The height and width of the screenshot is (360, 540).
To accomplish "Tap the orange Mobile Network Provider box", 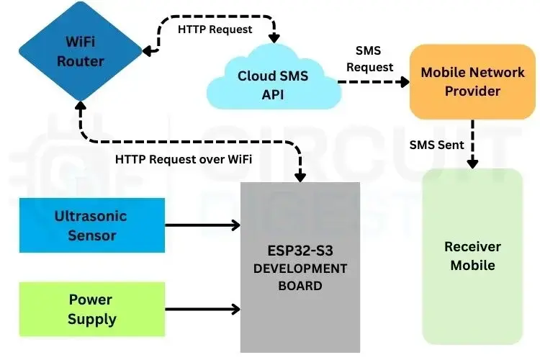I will (472, 81).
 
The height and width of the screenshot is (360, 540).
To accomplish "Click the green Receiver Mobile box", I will (472, 256).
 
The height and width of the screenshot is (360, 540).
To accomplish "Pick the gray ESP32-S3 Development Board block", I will (300, 266).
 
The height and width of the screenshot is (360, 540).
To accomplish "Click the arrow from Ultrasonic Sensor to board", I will (202, 225).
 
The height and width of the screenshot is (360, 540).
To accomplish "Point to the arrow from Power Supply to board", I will (202, 309).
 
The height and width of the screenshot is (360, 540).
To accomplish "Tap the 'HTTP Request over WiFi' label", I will (184, 159).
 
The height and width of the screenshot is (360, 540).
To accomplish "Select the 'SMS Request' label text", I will (370, 59).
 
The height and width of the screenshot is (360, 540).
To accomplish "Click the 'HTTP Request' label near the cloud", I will (215, 29).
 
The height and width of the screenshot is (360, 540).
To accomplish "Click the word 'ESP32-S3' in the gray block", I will (300, 251).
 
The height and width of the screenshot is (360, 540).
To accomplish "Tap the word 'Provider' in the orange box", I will (472, 91).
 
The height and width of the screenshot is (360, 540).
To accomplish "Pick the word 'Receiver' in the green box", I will (472, 247).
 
